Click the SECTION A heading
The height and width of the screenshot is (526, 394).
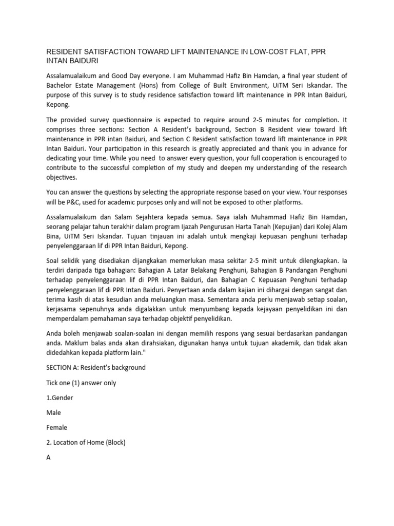click(96, 367)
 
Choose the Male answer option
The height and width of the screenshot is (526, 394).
click(54, 412)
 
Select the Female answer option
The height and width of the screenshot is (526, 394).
click(57, 427)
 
